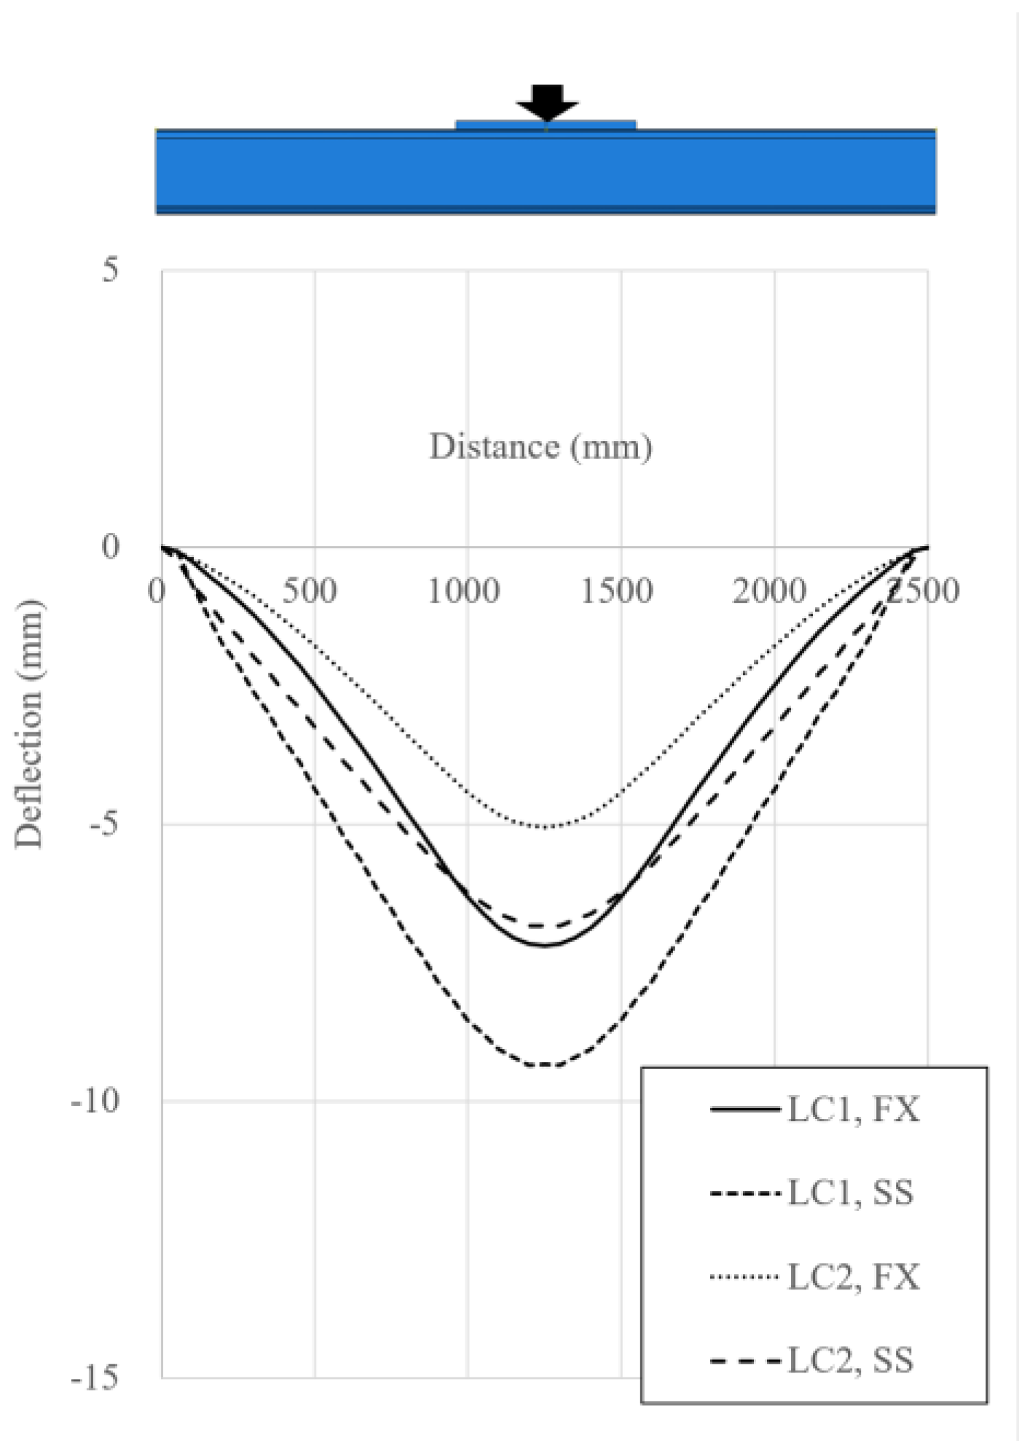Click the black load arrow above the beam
[x=547, y=101]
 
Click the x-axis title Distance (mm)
[x=540, y=446]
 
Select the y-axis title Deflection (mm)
[x=30, y=724]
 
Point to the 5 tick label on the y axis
[x=109, y=270]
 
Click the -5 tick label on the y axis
[x=103, y=825]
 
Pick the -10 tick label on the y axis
[x=95, y=1101]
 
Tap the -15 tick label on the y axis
[x=95, y=1378]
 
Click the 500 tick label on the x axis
[x=310, y=590]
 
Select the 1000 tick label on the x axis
[x=463, y=590]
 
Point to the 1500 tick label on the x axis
[x=616, y=590]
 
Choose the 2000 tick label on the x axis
[x=769, y=590]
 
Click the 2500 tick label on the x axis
[x=922, y=590]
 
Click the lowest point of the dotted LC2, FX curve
[x=545, y=826]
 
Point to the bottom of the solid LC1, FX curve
[x=546, y=945]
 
